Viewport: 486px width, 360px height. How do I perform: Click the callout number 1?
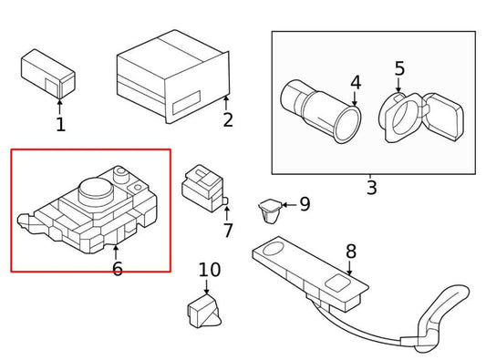coord(61,125)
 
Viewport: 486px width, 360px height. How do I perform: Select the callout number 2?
coord(228,120)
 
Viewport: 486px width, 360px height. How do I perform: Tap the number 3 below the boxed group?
coord(372,187)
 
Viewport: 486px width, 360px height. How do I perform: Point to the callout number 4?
coord(356,83)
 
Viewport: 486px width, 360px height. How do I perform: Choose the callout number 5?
coord(400,68)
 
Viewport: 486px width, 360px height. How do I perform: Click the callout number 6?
coord(118,269)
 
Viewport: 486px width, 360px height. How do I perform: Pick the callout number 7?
coord(228,231)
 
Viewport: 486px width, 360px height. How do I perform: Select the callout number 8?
coord(351,252)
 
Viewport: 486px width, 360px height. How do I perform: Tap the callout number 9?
coord(305,204)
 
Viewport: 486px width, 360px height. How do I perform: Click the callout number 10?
coord(210,270)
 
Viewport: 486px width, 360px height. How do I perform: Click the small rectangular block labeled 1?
coord(48,74)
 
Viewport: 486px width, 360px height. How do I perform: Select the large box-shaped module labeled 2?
coord(173,77)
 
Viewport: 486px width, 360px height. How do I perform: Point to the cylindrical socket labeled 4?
coord(320,111)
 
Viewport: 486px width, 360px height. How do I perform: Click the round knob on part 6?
coord(96,190)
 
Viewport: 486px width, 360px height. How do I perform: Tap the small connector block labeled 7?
coord(204,188)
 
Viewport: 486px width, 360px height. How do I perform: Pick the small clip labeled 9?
coord(270,211)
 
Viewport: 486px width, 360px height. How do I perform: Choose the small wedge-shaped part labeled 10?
coord(204,311)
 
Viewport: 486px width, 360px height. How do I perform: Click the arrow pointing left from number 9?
coord(289,205)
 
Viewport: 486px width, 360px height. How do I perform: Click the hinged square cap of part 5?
coord(444,117)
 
